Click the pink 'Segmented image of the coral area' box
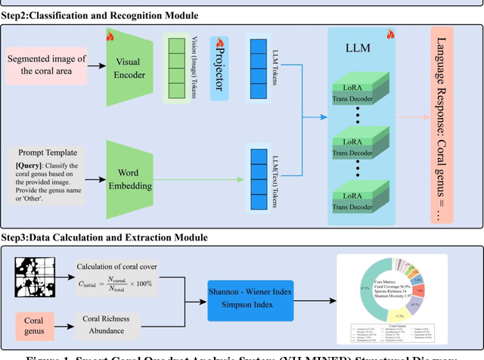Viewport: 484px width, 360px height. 47,66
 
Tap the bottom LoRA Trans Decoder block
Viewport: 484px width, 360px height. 358,200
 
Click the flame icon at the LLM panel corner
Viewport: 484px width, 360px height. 390,35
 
